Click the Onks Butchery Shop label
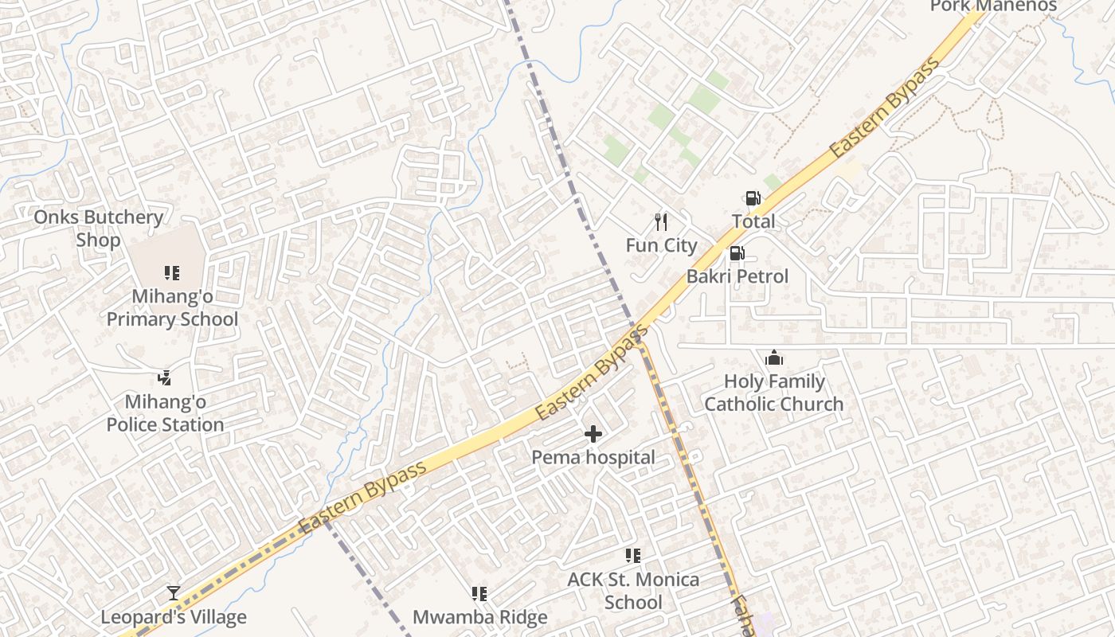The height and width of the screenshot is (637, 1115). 98,229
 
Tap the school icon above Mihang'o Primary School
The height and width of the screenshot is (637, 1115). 171,273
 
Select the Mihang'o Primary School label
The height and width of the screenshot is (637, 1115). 172,308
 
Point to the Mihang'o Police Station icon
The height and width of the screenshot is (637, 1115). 165,378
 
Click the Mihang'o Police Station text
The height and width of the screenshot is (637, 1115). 165,413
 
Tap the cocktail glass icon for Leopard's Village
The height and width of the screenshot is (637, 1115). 174,593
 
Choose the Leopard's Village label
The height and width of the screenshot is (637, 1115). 174,617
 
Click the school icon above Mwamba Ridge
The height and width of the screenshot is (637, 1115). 479,594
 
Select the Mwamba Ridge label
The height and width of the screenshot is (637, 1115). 479,617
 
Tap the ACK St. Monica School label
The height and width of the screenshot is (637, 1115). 633,591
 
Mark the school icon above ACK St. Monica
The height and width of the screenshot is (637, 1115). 633,555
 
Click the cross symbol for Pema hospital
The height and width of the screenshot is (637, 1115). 593,434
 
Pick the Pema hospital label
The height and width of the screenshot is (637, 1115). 593,458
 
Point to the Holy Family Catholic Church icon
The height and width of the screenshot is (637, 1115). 773,358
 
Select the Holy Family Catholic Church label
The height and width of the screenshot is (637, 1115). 773,393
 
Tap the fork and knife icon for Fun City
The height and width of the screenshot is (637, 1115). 661,221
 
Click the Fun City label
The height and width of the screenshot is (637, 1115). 661,245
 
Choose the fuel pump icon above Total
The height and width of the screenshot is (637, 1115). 753,198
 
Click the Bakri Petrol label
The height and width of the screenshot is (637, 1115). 737,276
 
